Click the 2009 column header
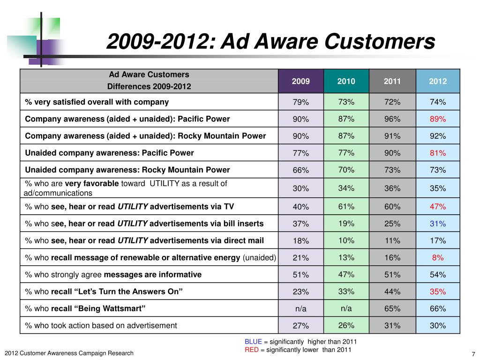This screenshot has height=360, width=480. (300, 81)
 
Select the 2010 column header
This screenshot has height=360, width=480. (346, 81)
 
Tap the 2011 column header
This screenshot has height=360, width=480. (392, 81)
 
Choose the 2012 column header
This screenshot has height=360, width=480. (437, 81)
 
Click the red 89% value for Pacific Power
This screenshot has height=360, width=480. (437, 119)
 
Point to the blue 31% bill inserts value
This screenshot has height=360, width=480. (437, 224)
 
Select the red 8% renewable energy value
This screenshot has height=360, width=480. (437, 257)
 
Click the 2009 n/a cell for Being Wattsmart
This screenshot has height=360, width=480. (300, 309)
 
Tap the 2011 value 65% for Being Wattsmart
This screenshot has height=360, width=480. (392, 309)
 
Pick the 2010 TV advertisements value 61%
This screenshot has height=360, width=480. (346, 207)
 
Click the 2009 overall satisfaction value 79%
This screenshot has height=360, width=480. (300, 102)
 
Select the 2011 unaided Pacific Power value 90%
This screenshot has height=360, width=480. (392, 153)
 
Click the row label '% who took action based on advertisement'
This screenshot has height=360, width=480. (101, 325)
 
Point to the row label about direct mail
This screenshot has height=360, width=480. (144, 240)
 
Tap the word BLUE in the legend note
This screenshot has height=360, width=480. (253, 342)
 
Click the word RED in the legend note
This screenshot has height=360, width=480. (251, 350)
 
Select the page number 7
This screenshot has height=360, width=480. (473, 354)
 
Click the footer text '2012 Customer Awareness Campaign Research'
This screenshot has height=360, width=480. (69, 353)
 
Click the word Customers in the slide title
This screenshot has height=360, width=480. (380, 42)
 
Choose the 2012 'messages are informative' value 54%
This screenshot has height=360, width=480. (437, 275)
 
